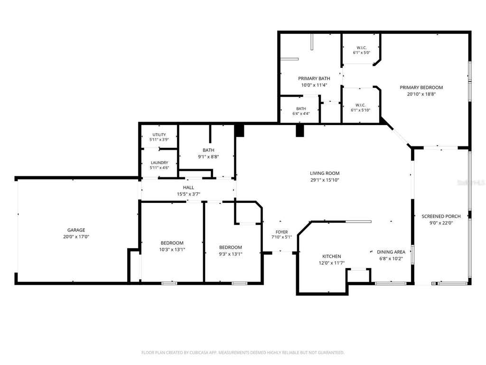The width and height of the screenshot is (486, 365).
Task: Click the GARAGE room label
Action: [x=76, y=230]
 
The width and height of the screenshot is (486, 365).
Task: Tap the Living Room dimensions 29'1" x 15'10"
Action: [x=325, y=180]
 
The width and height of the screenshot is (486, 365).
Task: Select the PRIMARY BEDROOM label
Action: [x=421, y=87]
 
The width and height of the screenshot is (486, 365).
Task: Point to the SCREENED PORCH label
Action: [x=441, y=216]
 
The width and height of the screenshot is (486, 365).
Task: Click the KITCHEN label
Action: [x=332, y=256]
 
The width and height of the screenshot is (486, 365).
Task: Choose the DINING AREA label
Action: [x=391, y=252]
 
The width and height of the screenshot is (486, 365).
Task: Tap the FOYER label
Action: [x=282, y=232]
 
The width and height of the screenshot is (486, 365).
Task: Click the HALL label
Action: [x=188, y=187]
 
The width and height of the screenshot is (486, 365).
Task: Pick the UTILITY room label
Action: [x=159, y=134]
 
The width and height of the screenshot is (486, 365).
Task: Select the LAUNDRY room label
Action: [x=159, y=163]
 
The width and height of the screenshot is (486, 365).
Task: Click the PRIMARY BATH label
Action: [x=314, y=78]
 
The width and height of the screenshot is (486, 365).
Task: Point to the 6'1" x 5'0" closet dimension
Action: [x=361, y=53]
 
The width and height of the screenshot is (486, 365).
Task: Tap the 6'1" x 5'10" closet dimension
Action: [x=361, y=110]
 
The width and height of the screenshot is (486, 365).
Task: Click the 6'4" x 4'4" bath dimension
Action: [x=301, y=114]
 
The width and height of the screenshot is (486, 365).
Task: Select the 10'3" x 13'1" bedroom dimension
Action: [x=172, y=250]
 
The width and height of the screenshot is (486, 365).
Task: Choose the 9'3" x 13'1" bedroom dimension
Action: [x=230, y=254]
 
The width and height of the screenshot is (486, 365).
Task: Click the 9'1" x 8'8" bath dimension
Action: [x=208, y=157]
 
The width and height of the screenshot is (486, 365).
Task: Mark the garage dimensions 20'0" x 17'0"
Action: [x=76, y=237]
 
